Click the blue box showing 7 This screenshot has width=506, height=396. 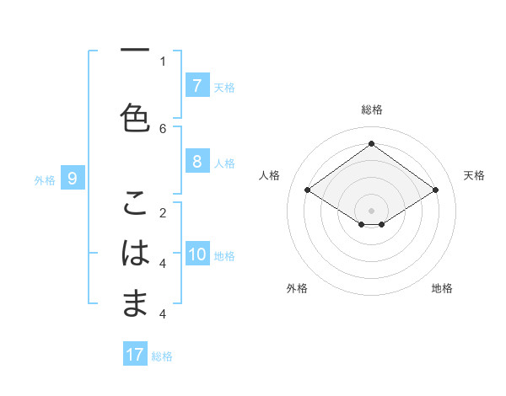click(196, 85)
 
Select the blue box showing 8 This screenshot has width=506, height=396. click(196, 161)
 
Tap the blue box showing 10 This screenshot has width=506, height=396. click(196, 254)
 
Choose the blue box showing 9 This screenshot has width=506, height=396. click(73, 178)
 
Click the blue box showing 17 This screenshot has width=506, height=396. click(135, 355)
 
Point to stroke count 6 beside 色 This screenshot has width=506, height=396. click(163, 128)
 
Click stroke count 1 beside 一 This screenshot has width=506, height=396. click(163, 61)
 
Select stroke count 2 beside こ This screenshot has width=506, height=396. click(163, 212)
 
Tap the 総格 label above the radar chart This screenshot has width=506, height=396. click(372, 110)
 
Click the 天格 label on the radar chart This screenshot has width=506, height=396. click(475, 175)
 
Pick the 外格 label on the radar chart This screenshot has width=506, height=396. click(297, 288)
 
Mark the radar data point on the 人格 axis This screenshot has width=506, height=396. click(307, 190)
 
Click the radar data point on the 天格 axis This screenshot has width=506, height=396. click(435, 190)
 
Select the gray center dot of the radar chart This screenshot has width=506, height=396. click(371, 210)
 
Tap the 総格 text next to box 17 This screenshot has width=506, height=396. click(163, 356)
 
